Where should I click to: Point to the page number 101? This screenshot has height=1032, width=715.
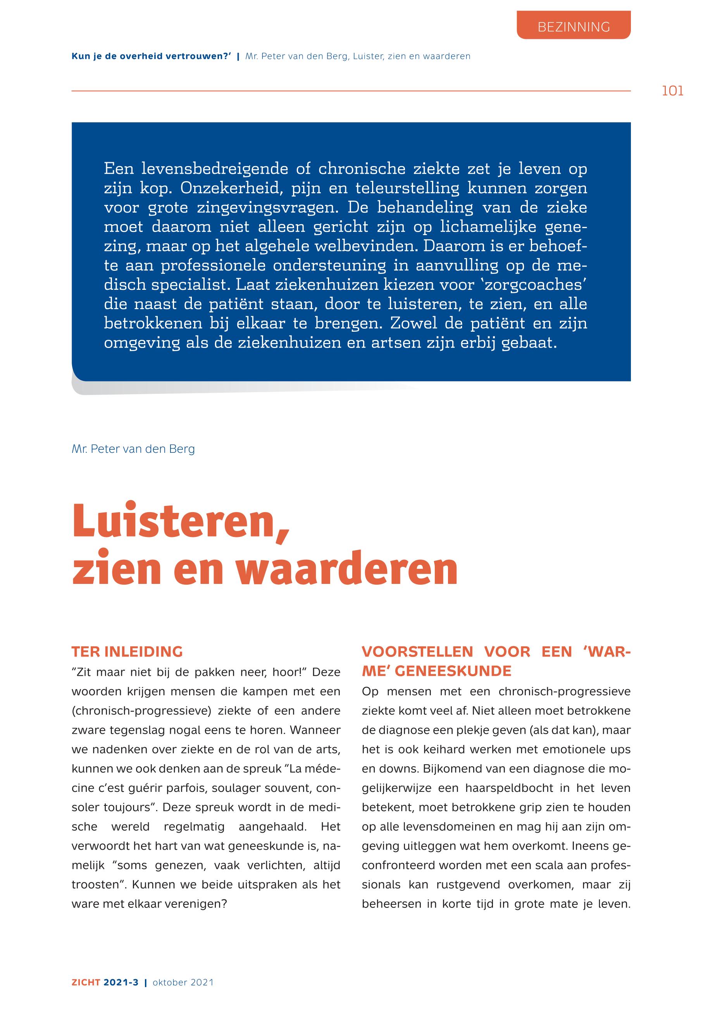(x=672, y=91)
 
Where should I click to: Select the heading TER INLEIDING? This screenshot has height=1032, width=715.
(x=127, y=652)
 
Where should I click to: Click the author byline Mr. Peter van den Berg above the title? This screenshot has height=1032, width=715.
(x=133, y=449)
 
